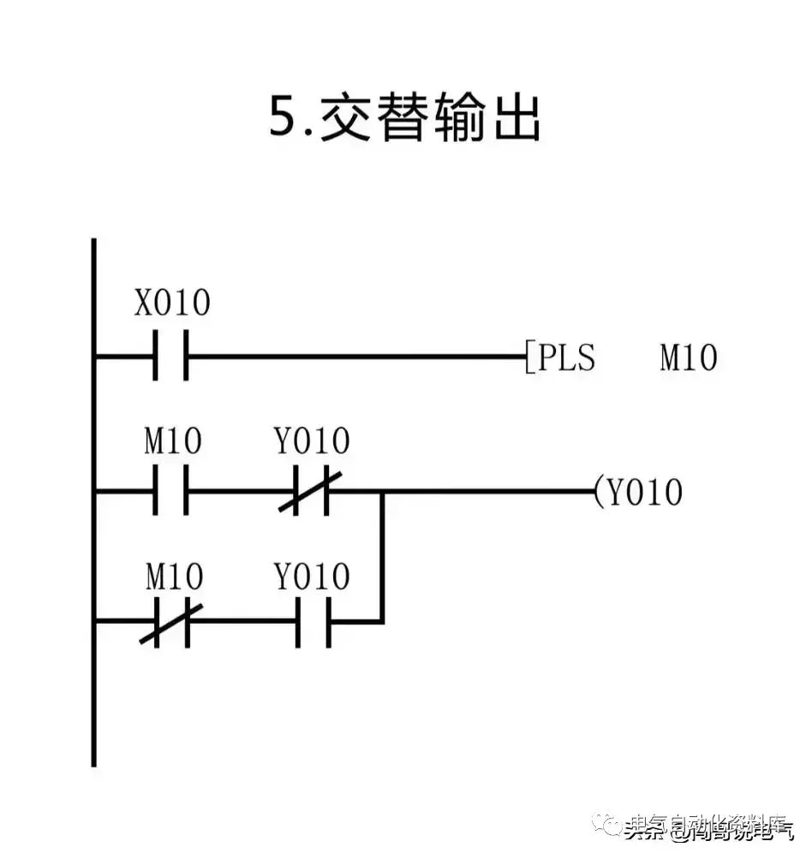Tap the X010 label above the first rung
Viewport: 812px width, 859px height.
click(171, 304)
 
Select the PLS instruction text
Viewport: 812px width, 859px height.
click(566, 358)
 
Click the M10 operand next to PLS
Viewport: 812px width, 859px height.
click(688, 358)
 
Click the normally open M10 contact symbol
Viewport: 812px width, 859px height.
click(170, 492)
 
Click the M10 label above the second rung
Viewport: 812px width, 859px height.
click(173, 441)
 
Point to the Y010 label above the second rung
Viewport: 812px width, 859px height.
click(312, 441)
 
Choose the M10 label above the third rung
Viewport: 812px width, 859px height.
click(173, 578)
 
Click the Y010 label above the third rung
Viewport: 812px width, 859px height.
click(312, 578)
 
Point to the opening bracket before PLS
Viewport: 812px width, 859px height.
click(528, 358)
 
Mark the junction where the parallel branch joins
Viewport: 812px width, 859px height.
click(382, 492)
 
